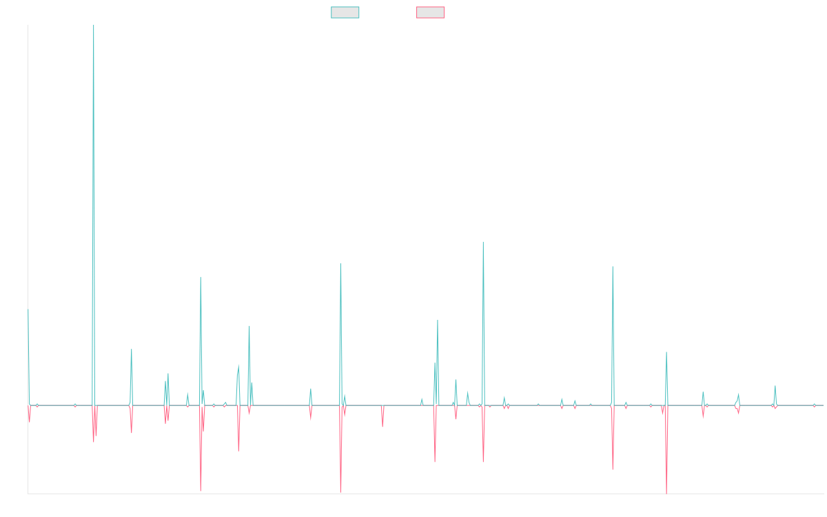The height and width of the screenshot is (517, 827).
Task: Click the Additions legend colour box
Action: [345, 12]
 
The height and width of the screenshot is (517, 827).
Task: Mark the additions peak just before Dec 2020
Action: [483, 242]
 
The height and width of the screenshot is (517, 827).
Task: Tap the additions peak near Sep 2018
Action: [340, 263]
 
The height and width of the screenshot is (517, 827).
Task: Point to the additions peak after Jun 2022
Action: [612, 267]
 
